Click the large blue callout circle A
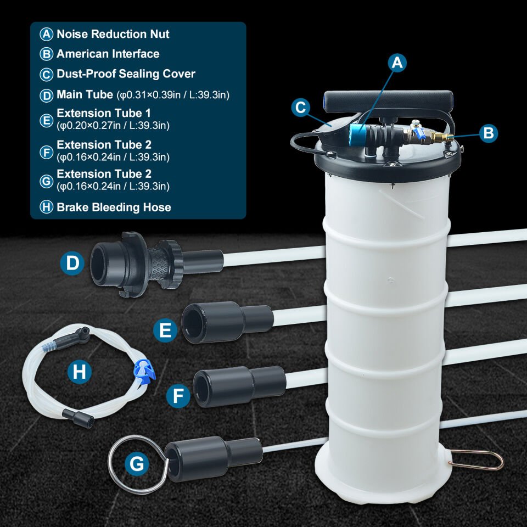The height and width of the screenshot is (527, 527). (x=397, y=63)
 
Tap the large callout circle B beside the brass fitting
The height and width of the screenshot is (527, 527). (x=488, y=133)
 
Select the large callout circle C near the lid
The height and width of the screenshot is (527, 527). (x=300, y=108)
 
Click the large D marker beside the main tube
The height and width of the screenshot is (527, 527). (x=72, y=263)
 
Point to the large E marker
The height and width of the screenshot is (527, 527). (x=165, y=330)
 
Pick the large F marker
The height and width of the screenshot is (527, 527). (x=178, y=396)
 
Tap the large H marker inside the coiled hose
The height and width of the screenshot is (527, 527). (x=79, y=372)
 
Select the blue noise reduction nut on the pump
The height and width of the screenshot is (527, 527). (x=357, y=134)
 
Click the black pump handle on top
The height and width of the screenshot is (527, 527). (x=388, y=101)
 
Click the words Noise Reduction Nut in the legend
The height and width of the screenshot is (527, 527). (x=113, y=34)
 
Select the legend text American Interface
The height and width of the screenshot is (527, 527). (x=108, y=54)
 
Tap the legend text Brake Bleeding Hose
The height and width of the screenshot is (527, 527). (x=114, y=207)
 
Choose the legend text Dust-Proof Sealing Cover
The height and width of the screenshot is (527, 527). (x=126, y=74)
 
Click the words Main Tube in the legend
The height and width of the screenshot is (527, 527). (x=85, y=94)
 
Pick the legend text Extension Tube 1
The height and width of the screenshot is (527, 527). (x=104, y=113)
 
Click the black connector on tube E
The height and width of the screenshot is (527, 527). (x=227, y=322)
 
